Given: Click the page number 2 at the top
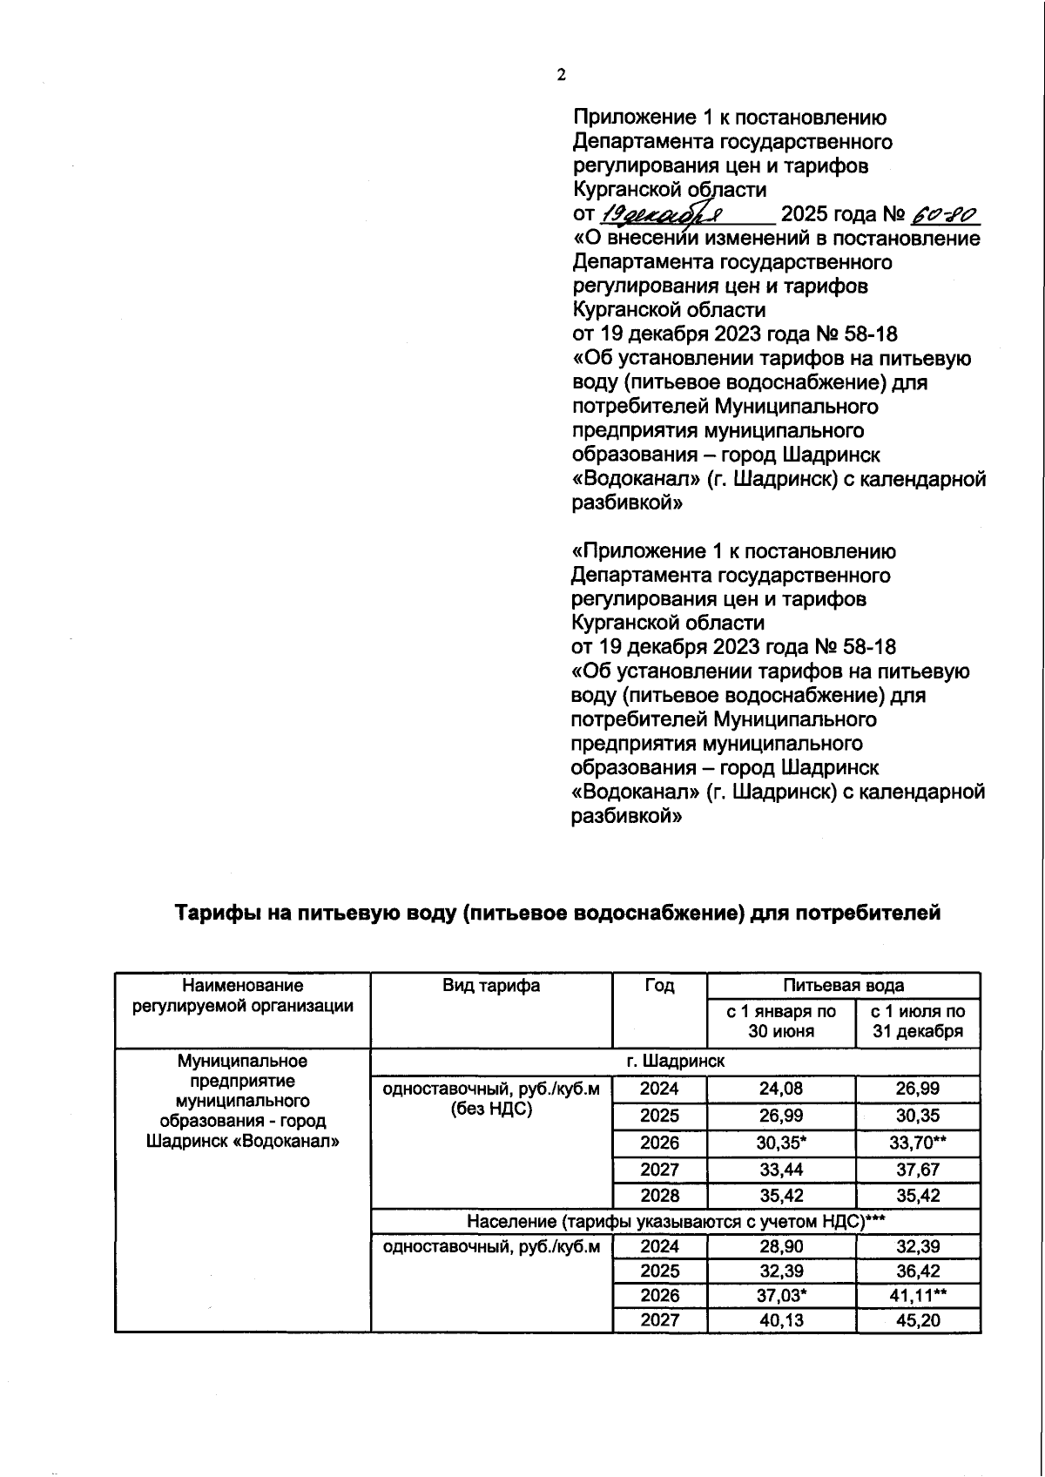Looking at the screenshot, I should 561,75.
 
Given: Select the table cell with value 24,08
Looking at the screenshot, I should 781,1089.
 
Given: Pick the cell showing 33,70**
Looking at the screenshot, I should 918,1143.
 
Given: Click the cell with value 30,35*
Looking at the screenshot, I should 781,1143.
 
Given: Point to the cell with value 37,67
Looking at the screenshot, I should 918,1170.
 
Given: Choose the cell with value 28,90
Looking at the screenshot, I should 781,1246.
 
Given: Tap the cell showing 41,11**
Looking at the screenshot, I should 918,1296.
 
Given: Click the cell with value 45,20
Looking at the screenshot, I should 918,1320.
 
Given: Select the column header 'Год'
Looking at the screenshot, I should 659,986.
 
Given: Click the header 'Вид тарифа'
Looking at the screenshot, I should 491,986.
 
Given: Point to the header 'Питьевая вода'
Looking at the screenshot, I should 843,986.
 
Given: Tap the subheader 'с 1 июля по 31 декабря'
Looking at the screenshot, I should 918,1022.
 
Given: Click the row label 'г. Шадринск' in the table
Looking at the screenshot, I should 675,1062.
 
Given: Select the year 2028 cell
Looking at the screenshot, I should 659,1196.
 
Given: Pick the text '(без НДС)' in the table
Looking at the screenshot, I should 491,1109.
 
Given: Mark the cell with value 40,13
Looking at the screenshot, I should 781,1320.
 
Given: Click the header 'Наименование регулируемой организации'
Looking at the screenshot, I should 243,996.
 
